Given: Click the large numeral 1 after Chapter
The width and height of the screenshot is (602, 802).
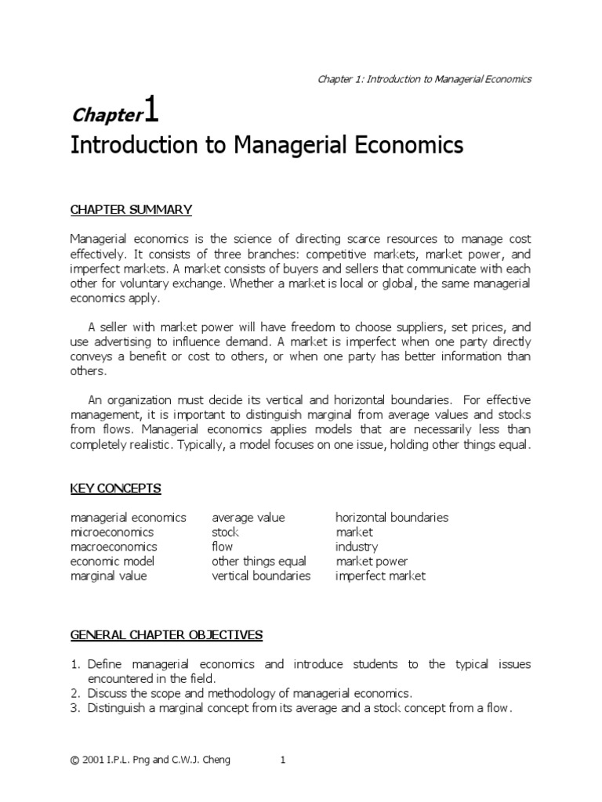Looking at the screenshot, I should (151, 111).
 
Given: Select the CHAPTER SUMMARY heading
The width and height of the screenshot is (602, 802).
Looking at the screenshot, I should (131, 209).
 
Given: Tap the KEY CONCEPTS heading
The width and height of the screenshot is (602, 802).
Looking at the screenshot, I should (115, 488).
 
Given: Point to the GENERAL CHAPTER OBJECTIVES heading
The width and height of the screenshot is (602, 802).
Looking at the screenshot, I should (166, 634).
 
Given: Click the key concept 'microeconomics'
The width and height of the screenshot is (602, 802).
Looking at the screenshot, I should (113, 533).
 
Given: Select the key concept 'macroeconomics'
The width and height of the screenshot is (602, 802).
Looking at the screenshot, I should (114, 547).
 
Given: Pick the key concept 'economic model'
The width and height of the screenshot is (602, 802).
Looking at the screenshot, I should (112, 562).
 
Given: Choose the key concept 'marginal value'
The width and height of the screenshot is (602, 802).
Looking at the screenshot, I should (109, 576).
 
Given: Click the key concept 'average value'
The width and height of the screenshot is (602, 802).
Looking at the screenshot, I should (248, 518).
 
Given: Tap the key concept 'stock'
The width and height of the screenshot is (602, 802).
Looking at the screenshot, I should (225, 533).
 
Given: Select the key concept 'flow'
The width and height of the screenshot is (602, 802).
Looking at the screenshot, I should (223, 547).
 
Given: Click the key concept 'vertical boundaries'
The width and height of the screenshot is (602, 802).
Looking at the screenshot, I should (261, 576).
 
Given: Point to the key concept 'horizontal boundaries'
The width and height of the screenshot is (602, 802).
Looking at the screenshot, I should (392, 518).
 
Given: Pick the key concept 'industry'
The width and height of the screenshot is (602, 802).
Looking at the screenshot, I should (357, 547).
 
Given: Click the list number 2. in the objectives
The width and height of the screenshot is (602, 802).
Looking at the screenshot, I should (76, 693).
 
